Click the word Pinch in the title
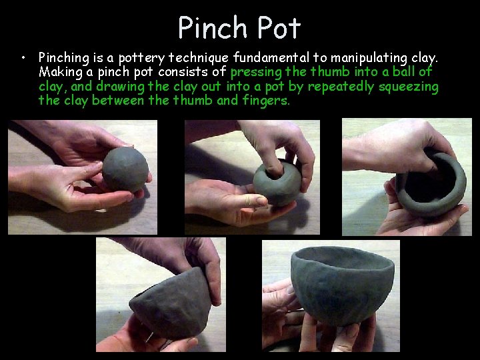[213, 27]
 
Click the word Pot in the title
[279, 27]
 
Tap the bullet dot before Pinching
[23, 57]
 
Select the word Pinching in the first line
[64, 58]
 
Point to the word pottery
[141, 58]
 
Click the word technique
[199, 58]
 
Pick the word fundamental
[271, 57]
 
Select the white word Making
[61, 73]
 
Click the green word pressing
[256, 73]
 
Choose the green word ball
[403, 71]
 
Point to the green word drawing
[120, 87]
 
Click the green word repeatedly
[341, 87]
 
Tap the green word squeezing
[409, 87]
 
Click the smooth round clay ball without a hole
[125, 169]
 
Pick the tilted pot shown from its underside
[171, 304]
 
